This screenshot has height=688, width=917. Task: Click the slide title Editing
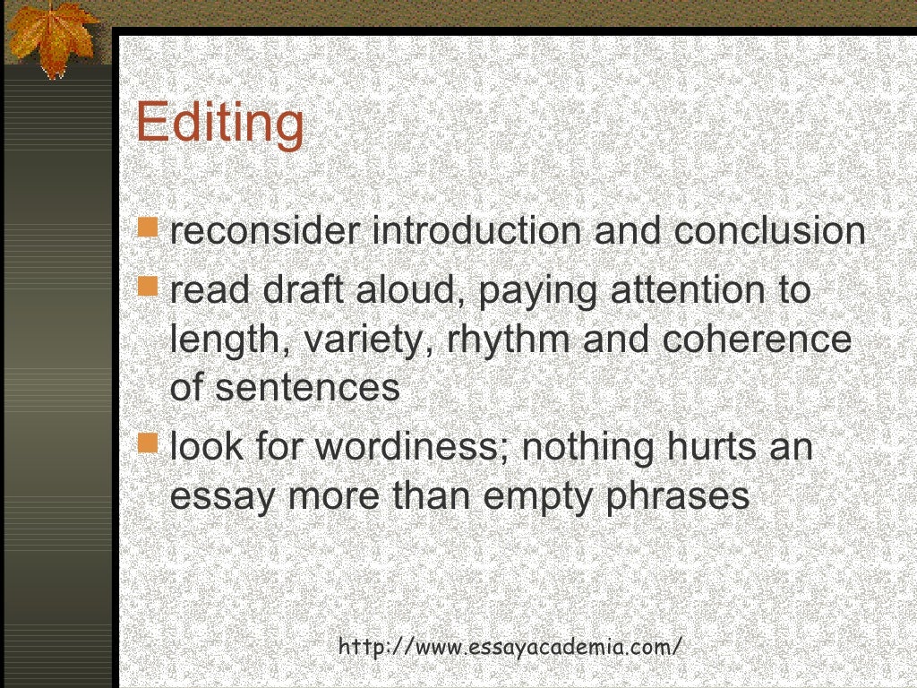pos(219,123)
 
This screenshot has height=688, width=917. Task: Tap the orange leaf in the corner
pos(51,36)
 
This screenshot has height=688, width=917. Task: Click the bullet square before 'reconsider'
pos(150,227)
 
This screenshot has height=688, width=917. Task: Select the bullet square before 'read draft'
pos(150,286)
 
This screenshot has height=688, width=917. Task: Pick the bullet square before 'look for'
pos(150,442)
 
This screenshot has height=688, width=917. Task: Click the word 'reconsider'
pos(265,231)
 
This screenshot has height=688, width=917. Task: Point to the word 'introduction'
pos(476,231)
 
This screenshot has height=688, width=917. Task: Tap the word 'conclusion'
pos(769,231)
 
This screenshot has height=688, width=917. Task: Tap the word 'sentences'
pos(307,389)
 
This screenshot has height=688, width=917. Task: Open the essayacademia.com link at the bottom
pos(510,646)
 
